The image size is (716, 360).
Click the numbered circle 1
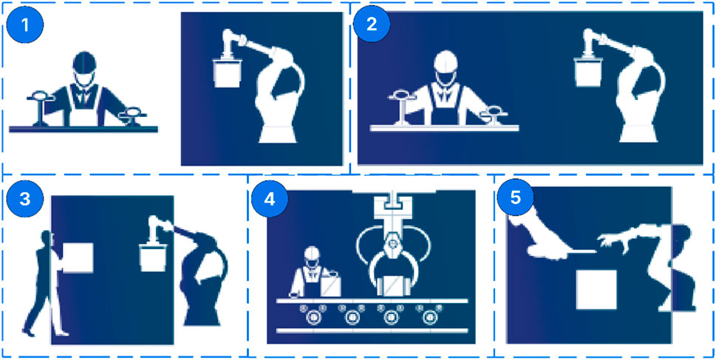(x=25, y=24)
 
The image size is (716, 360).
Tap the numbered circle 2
(x=372, y=24)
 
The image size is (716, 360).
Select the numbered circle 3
(x=25, y=200)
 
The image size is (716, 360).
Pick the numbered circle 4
(x=270, y=200)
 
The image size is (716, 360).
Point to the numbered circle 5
(x=515, y=200)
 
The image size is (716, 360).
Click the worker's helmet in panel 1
(x=84, y=61)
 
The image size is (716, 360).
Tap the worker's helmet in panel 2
(x=446, y=61)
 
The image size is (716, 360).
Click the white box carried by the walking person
(x=78, y=258)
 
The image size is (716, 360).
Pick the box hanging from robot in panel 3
(x=152, y=258)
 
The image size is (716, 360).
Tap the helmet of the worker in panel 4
(x=312, y=253)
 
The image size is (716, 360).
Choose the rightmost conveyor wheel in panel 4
(x=429, y=316)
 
